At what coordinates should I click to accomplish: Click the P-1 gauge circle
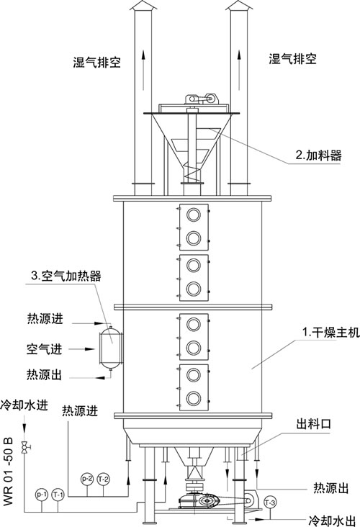pos(41,495)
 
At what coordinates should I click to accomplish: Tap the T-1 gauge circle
pos(58,495)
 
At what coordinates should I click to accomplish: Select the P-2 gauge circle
pos(87,479)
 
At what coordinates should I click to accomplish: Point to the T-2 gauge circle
pos(103,479)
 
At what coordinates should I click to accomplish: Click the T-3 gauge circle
pos(270,503)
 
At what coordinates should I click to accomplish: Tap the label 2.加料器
pos(318,155)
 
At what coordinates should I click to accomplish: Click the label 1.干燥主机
pos(330,332)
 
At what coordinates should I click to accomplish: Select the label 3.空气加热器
pos(66,276)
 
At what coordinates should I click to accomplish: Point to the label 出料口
pos(313,424)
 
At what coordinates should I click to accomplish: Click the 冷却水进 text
pos(24,405)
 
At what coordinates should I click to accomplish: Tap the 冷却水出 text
pos(332,521)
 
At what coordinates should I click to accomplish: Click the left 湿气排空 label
pos(96,62)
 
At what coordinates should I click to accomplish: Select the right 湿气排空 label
pos(292,59)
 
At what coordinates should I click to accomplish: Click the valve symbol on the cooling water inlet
pos(24,447)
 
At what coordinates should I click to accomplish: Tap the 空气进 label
pos(45,349)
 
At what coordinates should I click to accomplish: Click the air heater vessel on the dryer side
pos(110,348)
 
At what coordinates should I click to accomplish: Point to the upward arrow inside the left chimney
pos(143,70)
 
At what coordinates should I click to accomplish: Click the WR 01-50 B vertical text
pos(8,471)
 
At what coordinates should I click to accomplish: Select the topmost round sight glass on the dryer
pos(194,215)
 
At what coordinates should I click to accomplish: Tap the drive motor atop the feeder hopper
pos(202,99)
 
